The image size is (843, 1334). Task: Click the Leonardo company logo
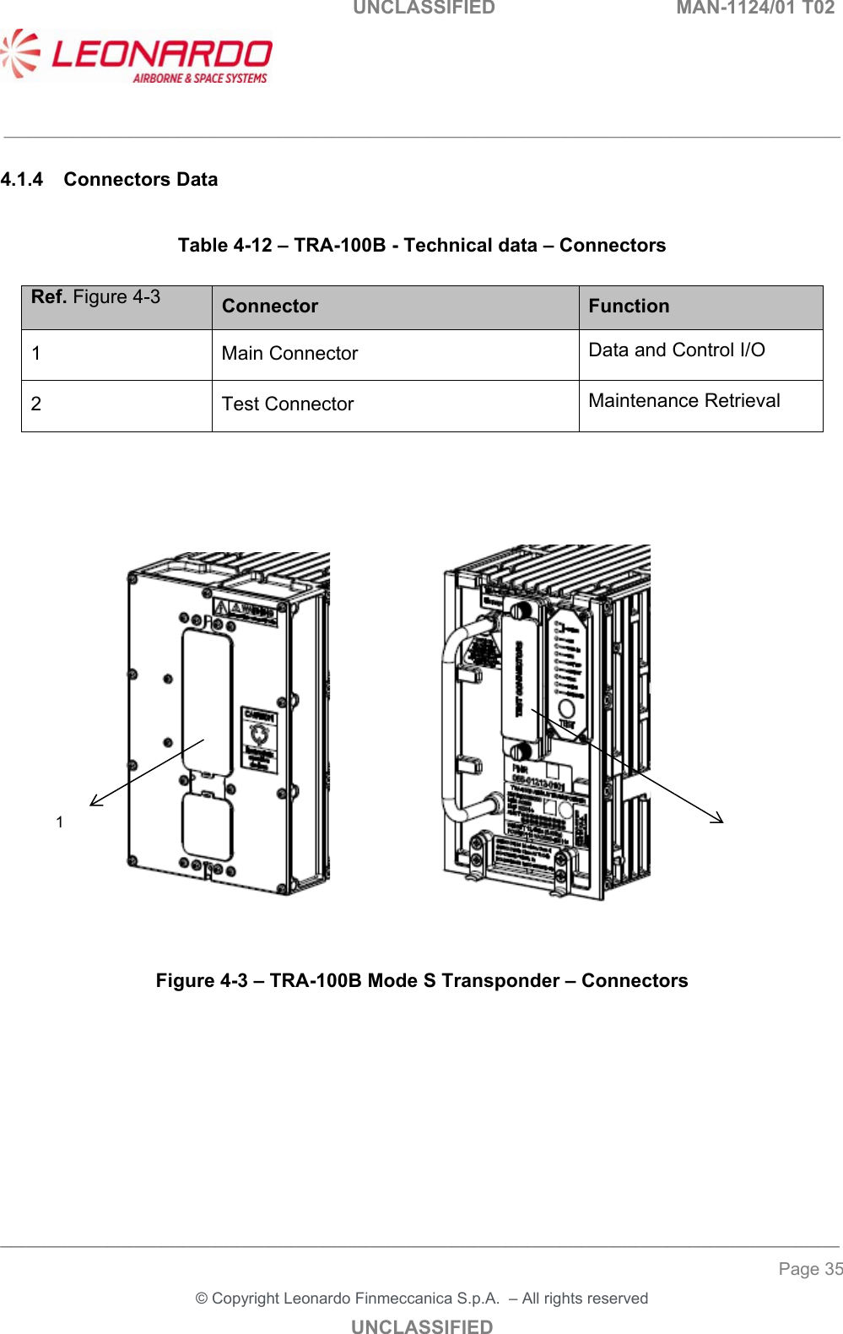coord(137,57)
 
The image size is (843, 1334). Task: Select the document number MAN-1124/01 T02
coord(754,8)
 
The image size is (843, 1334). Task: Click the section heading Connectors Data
coord(140,180)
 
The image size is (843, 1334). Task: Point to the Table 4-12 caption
coord(421,246)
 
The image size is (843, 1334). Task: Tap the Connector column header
coord(270,306)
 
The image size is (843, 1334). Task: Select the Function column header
coord(629,306)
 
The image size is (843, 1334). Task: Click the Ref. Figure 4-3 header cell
coord(95,297)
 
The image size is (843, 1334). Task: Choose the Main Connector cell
coord(289,354)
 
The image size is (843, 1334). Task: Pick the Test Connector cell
coord(288,404)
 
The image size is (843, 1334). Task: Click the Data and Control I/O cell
coord(677,350)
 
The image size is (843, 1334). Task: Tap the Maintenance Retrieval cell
coord(684,401)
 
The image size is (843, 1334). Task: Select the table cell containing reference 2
coord(36,404)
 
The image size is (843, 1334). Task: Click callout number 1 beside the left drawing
coord(60,822)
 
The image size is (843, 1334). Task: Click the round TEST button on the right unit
coord(567,708)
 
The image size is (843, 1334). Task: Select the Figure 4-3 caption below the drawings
coord(421,981)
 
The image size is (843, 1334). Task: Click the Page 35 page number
coord(809,1269)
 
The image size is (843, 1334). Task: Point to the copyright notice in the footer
coord(421,1299)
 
